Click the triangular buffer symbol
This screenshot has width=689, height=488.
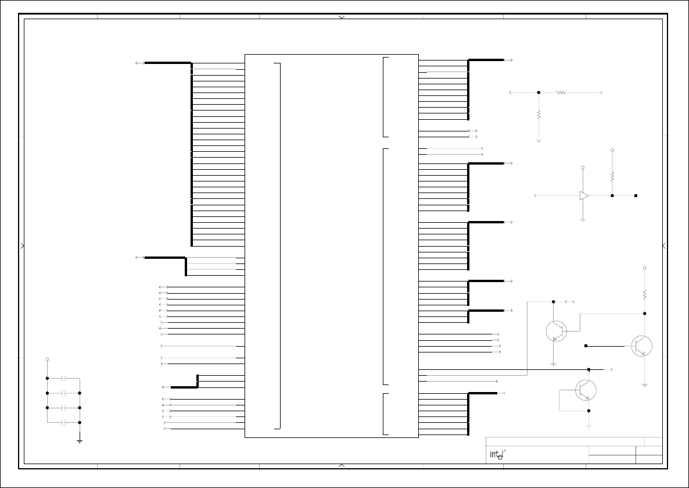point(584,196)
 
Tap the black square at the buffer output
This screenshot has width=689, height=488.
point(636,196)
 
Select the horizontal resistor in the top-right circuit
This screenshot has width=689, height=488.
point(561,93)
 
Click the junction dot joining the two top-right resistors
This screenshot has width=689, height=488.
point(539,93)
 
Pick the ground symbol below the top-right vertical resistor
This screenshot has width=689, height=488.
point(539,141)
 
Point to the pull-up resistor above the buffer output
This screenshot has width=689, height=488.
point(612,176)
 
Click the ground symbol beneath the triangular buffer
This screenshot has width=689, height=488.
point(583,220)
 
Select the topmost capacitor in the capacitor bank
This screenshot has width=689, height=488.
point(64,379)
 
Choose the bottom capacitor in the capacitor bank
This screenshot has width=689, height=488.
point(64,422)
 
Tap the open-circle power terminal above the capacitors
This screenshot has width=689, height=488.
point(48,359)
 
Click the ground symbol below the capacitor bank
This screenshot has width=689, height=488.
point(80,441)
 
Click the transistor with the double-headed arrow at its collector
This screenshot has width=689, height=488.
point(557,331)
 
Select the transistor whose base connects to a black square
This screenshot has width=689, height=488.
point(641,346)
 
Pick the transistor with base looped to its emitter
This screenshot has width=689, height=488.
point(586,390)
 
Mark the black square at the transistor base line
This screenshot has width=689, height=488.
point(586,346)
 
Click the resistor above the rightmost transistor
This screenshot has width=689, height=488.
point(645,294)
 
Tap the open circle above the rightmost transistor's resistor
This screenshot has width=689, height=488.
point(645,268)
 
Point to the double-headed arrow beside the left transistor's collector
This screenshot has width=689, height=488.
point(569,302)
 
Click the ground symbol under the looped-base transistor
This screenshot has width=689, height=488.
point(589,426)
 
